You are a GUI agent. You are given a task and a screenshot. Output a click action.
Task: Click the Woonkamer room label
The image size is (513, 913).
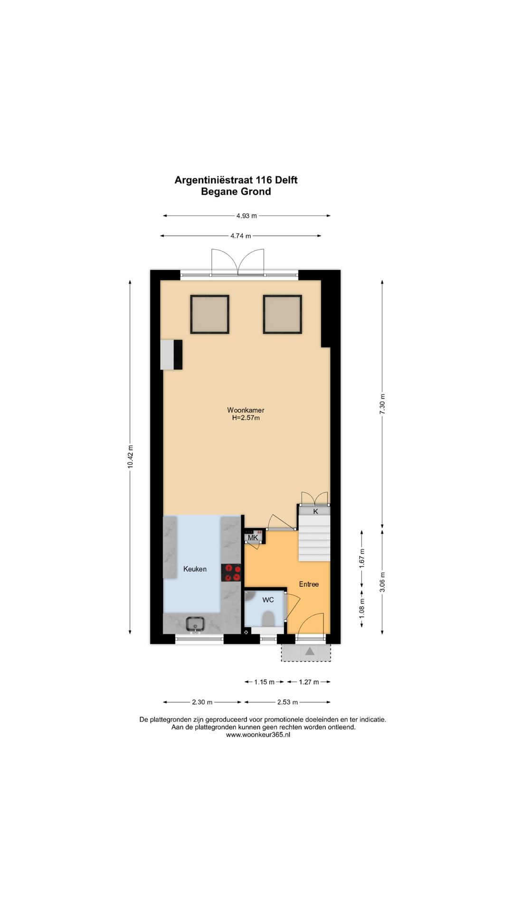[246, 410]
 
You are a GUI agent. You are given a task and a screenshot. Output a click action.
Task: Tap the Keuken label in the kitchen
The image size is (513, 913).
[195, 569]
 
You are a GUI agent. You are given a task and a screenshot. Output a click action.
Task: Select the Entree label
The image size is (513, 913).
[309, 584]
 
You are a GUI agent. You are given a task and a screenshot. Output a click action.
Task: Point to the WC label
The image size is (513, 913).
[268, 600]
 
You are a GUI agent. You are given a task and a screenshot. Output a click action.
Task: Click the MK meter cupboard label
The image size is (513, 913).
[253, 538]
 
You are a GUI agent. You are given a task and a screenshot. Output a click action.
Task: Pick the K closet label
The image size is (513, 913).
[315, 511]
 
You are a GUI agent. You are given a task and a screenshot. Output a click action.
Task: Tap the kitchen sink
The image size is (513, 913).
[195, 623]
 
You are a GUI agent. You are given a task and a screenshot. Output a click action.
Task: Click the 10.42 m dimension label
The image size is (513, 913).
[130, 456]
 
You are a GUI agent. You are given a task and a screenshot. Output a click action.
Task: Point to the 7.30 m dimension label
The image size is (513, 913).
[382, 404]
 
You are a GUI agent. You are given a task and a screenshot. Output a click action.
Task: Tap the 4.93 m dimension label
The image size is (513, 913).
[247, 216]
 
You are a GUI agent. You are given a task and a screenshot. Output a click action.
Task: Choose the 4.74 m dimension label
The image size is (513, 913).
[241, 236]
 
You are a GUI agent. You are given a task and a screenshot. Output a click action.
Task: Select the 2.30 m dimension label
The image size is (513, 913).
[202, 702]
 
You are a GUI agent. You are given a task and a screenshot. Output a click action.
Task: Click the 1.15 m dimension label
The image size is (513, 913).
[264, 682]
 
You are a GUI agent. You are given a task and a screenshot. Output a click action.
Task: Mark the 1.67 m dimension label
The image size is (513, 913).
[362, 558]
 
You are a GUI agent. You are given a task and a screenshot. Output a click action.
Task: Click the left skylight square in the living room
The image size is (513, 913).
[210, 314]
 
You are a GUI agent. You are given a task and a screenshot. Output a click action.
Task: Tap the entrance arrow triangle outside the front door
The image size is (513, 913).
[310, 651]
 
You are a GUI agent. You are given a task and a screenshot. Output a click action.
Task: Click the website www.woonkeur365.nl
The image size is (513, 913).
[258, 735]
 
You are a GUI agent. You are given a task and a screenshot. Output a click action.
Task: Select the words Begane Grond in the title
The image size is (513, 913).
[236, 192]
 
